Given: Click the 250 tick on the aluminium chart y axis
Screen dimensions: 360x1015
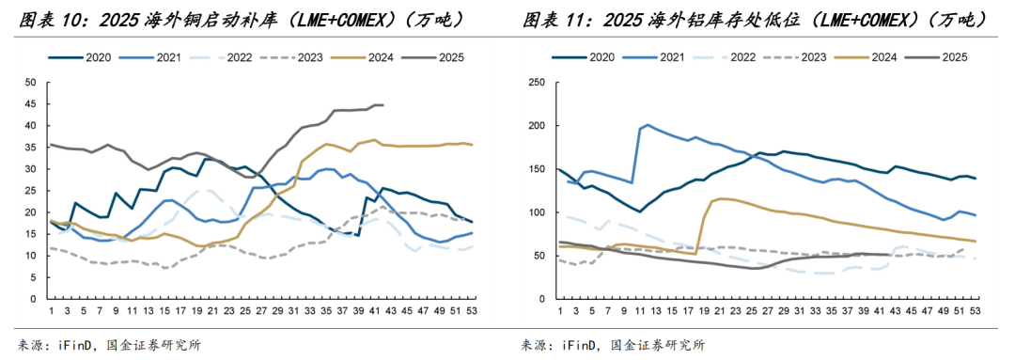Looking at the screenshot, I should pos(538,82).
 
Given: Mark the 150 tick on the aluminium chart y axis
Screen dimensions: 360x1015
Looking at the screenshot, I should pos(538,168).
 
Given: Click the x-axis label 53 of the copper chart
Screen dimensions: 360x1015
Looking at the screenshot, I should pos(472,309).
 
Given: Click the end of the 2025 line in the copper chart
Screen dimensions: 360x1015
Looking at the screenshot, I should pos(383,104).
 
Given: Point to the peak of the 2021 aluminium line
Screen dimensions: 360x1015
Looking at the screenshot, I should pos(648,124).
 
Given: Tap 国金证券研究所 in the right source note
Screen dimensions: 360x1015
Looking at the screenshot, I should pos(658,344).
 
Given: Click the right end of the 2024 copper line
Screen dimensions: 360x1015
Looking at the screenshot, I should pos(472,145).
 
